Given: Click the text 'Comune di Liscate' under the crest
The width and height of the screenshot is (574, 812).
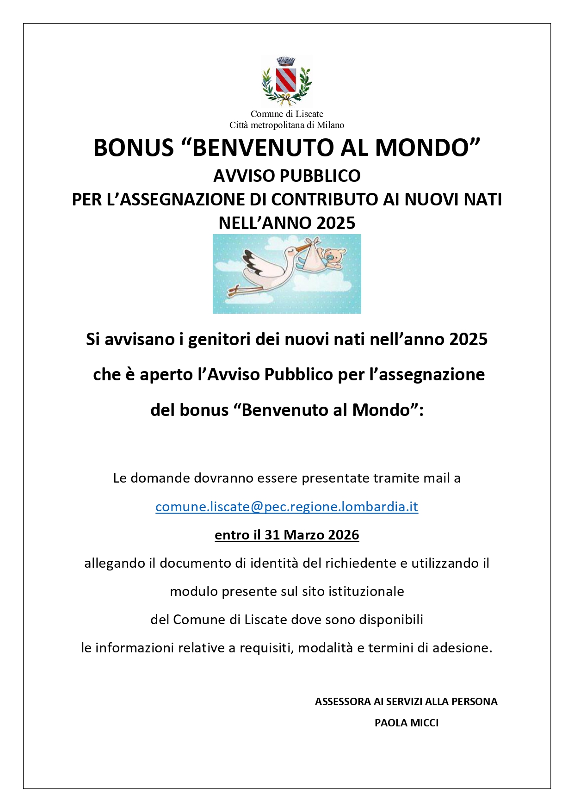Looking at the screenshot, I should point(287,114).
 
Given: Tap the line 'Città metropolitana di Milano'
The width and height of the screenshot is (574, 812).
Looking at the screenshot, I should point(287,125).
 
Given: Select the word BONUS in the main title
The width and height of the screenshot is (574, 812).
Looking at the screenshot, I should point(133,148).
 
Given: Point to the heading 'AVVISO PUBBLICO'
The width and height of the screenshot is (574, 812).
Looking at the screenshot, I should point(287,176).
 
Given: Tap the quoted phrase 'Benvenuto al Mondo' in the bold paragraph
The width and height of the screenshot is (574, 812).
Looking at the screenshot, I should point(327,410).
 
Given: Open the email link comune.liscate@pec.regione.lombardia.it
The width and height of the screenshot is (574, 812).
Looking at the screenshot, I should point(287,507).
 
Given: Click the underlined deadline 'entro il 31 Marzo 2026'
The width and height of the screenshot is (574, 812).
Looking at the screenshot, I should point(287,535).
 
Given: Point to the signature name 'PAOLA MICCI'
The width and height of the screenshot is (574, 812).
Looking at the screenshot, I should point(407,723).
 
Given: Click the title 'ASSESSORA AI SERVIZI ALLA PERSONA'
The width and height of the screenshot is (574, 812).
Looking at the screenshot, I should point(406,701).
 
